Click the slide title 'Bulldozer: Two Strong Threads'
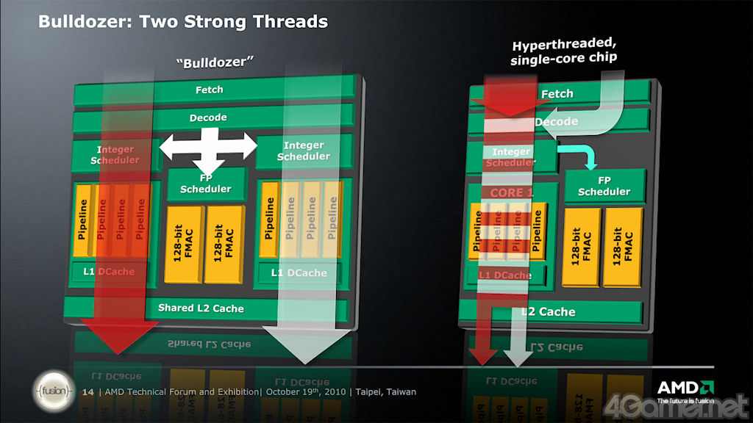[182, 22]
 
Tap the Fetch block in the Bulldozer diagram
[210, 90]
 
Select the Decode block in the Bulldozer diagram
[208, 117]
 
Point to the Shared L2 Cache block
[201, 308]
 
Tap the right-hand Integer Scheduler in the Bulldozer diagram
[304, 151]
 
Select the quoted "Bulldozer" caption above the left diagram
[210, 62]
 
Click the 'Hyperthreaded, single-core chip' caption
[564, 51]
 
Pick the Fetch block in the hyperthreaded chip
[557, 93]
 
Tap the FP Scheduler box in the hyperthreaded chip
[604, 186]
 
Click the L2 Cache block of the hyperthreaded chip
[548, 311]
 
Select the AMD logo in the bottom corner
[685, 391]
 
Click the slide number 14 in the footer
[88, 392]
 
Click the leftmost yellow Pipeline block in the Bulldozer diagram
[83, 220]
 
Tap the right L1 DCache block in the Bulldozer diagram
[299, 273]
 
